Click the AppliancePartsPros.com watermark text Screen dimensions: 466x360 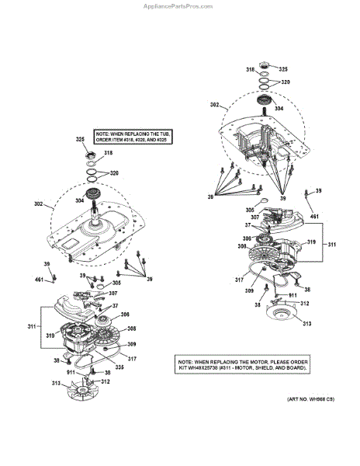pos(180,5)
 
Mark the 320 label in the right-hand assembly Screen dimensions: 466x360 pos(285,81)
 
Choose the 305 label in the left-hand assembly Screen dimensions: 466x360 pos(116,283)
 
